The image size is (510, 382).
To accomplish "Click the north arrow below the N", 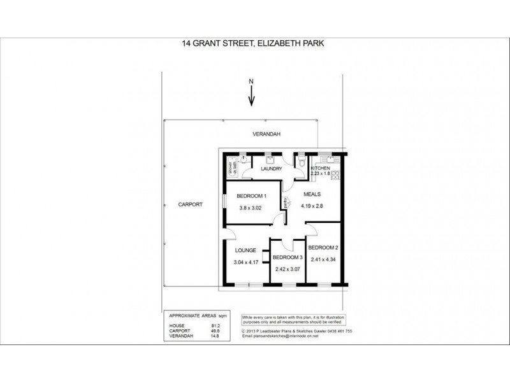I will click(x=252, y=96).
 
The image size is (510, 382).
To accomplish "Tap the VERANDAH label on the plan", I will click(x=265, y=134).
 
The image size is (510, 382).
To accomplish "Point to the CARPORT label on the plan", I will click(x=191, y=205).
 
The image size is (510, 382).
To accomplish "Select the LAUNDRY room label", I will click(x=271, y=169).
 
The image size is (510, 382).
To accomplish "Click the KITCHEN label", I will click(x=320, y=167).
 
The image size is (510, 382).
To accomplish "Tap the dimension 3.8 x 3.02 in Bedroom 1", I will click(x=250, y=208).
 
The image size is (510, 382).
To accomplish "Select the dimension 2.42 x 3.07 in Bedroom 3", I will click(x=287, y=269).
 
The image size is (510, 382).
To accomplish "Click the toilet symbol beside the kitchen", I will click(x=300, y=163).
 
